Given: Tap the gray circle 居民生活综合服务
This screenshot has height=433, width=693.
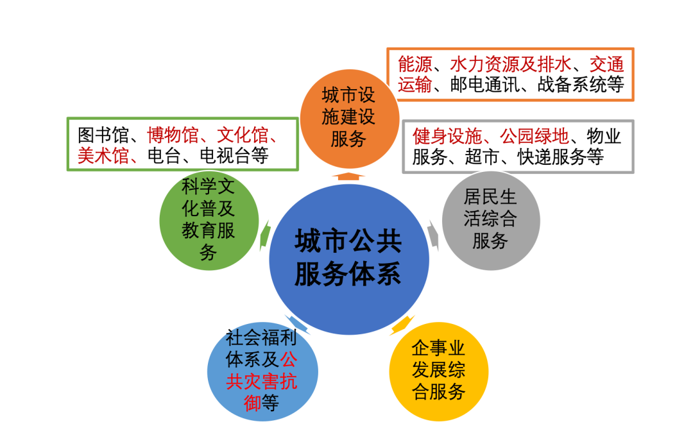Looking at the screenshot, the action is (490, 219).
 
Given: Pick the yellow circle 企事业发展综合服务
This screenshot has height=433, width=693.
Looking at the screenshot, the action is (439, 371).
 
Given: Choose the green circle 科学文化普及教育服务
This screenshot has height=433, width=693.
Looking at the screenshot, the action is (209, 220).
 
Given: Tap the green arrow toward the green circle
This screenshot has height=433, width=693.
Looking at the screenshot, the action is (264, 235).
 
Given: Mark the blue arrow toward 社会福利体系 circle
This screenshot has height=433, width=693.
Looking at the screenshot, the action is (296, 324).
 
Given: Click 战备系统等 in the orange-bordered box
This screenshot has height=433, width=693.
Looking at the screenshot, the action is (581, 85).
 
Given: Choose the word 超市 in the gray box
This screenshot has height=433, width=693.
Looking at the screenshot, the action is (481, 157).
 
